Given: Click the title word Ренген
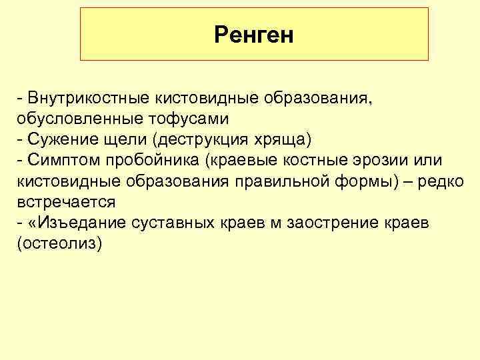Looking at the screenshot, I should pyautogui.click(x=254, y=35).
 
